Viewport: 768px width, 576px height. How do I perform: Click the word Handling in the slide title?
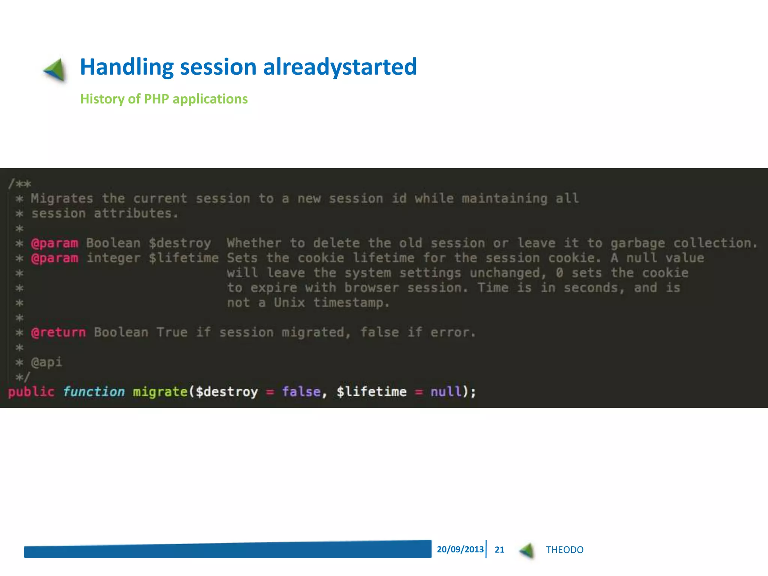click(126, 67)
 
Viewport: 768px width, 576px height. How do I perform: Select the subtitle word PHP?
click(156, 99)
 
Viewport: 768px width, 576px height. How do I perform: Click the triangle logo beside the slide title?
click(55, 70)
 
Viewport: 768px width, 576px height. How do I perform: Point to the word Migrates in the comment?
click(62, 198)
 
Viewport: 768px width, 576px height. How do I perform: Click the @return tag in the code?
click(58, 332)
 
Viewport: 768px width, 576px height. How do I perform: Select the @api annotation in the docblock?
click(46, 362)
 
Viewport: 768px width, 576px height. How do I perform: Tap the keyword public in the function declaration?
click(31, 392)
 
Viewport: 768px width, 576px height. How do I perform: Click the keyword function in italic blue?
click(94, 392)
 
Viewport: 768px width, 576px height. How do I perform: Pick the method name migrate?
click(160, 392)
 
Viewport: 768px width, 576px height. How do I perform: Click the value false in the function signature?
click(301, 392)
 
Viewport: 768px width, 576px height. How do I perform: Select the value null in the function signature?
click(446, 392)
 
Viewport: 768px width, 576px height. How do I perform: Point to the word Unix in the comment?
click(289, 303)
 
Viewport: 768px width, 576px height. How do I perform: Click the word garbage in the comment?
click(637, 243)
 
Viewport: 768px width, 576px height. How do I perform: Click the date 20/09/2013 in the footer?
click(460, 549)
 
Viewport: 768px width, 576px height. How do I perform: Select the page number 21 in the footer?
click(499, 550)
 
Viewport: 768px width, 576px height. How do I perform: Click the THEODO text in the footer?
click(564, 550)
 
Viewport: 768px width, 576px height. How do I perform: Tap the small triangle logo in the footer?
click(527, 550)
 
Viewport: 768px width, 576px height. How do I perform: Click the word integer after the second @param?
click(114, 258)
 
